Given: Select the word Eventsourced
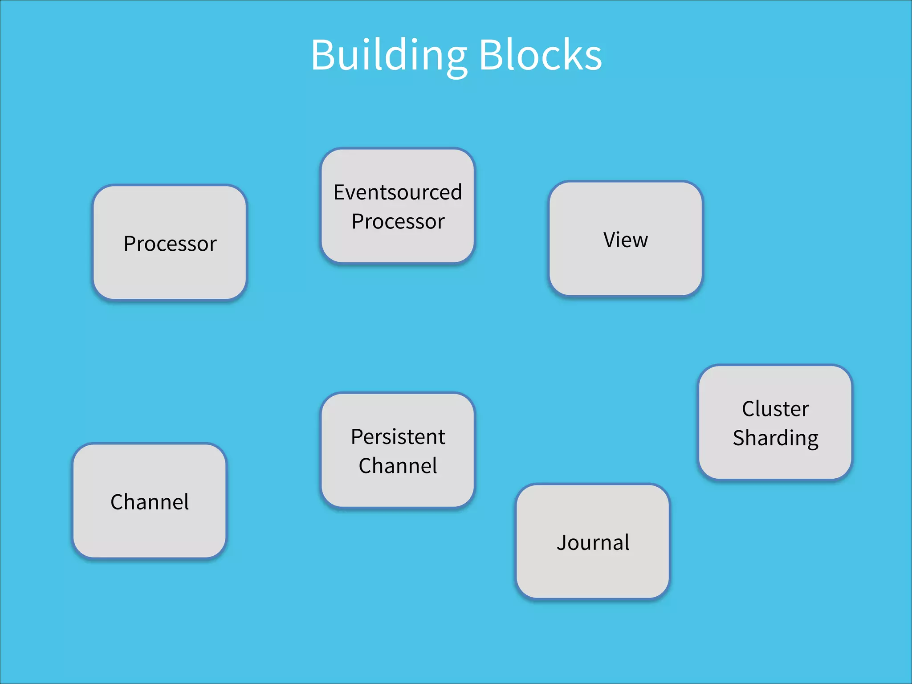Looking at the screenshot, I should point(398,192).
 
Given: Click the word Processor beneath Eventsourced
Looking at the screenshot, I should point(398,222).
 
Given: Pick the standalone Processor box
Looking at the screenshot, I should point(170,243).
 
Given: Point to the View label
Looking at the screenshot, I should point(625,240).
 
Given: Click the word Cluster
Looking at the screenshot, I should point(775,409).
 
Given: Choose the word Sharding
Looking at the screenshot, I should point(775,438).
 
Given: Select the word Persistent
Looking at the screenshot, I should point(398,437).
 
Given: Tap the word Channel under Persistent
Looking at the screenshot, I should point(398,466).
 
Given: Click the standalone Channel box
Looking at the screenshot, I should point(150,501).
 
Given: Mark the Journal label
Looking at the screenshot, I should point(593,542).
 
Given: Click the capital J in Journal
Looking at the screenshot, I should point(562,542).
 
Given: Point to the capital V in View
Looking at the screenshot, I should point(611,240).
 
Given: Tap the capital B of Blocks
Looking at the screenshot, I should point(490,55).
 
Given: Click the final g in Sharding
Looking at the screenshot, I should point(812,440).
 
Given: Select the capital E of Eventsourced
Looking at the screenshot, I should point(339,192).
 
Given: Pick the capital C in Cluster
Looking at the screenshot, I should point(749,409).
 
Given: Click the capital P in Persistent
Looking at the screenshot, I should point(357,437).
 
